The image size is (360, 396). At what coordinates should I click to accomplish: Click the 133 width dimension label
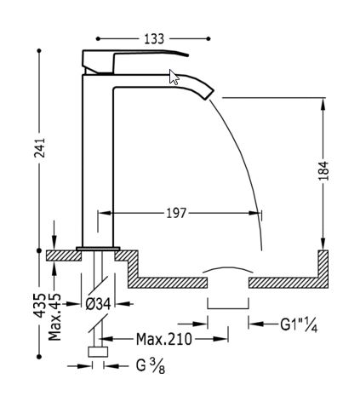click(154, 39)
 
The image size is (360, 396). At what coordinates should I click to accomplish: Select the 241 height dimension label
click(39, 147)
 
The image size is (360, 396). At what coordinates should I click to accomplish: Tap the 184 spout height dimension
click(323, 170)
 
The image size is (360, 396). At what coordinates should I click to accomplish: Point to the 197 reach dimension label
click(176, 213)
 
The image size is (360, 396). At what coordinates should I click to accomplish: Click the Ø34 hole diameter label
click(98, 304)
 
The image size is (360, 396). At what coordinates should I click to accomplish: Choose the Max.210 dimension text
click(164, 339)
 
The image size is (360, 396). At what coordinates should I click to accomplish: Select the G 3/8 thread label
click(151, 366)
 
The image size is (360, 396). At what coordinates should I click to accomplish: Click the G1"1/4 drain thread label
click(299, 325)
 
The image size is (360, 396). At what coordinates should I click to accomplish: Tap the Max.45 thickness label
click(54, 317)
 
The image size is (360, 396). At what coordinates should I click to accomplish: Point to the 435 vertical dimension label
click(39, 306)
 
